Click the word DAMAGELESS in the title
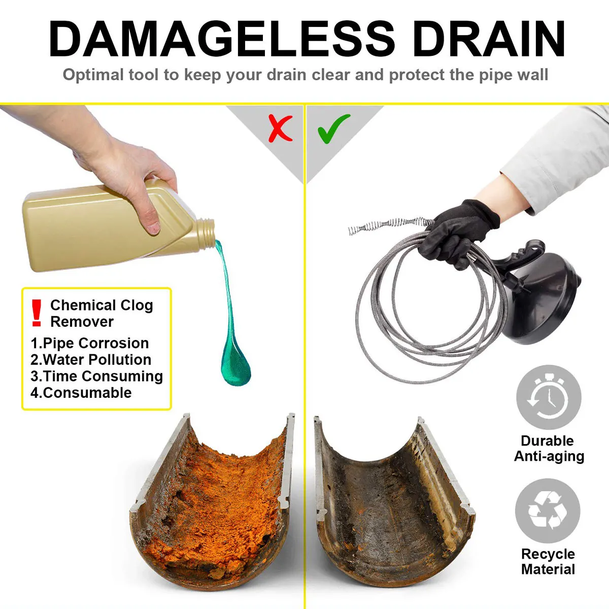(x=222, y=40)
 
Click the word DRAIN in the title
(x=489, y=40)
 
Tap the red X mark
(x=280, y=128)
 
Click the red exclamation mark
(x=36, y=313)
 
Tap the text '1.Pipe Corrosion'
(x=90, y=343)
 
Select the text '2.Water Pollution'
(x=91, y=360)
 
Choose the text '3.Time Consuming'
(x=96, y=376)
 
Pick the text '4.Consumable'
(x=81, y=393)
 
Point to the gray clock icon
(x=549, y=397)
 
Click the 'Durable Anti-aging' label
(x=549, y=449)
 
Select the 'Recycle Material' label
(x=548, y=561)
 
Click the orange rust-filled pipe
(x=213, y=497)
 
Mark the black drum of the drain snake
(x=543, y=299)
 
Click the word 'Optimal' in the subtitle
(x=93, y=75)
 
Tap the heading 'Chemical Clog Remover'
(x=101, y=313)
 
